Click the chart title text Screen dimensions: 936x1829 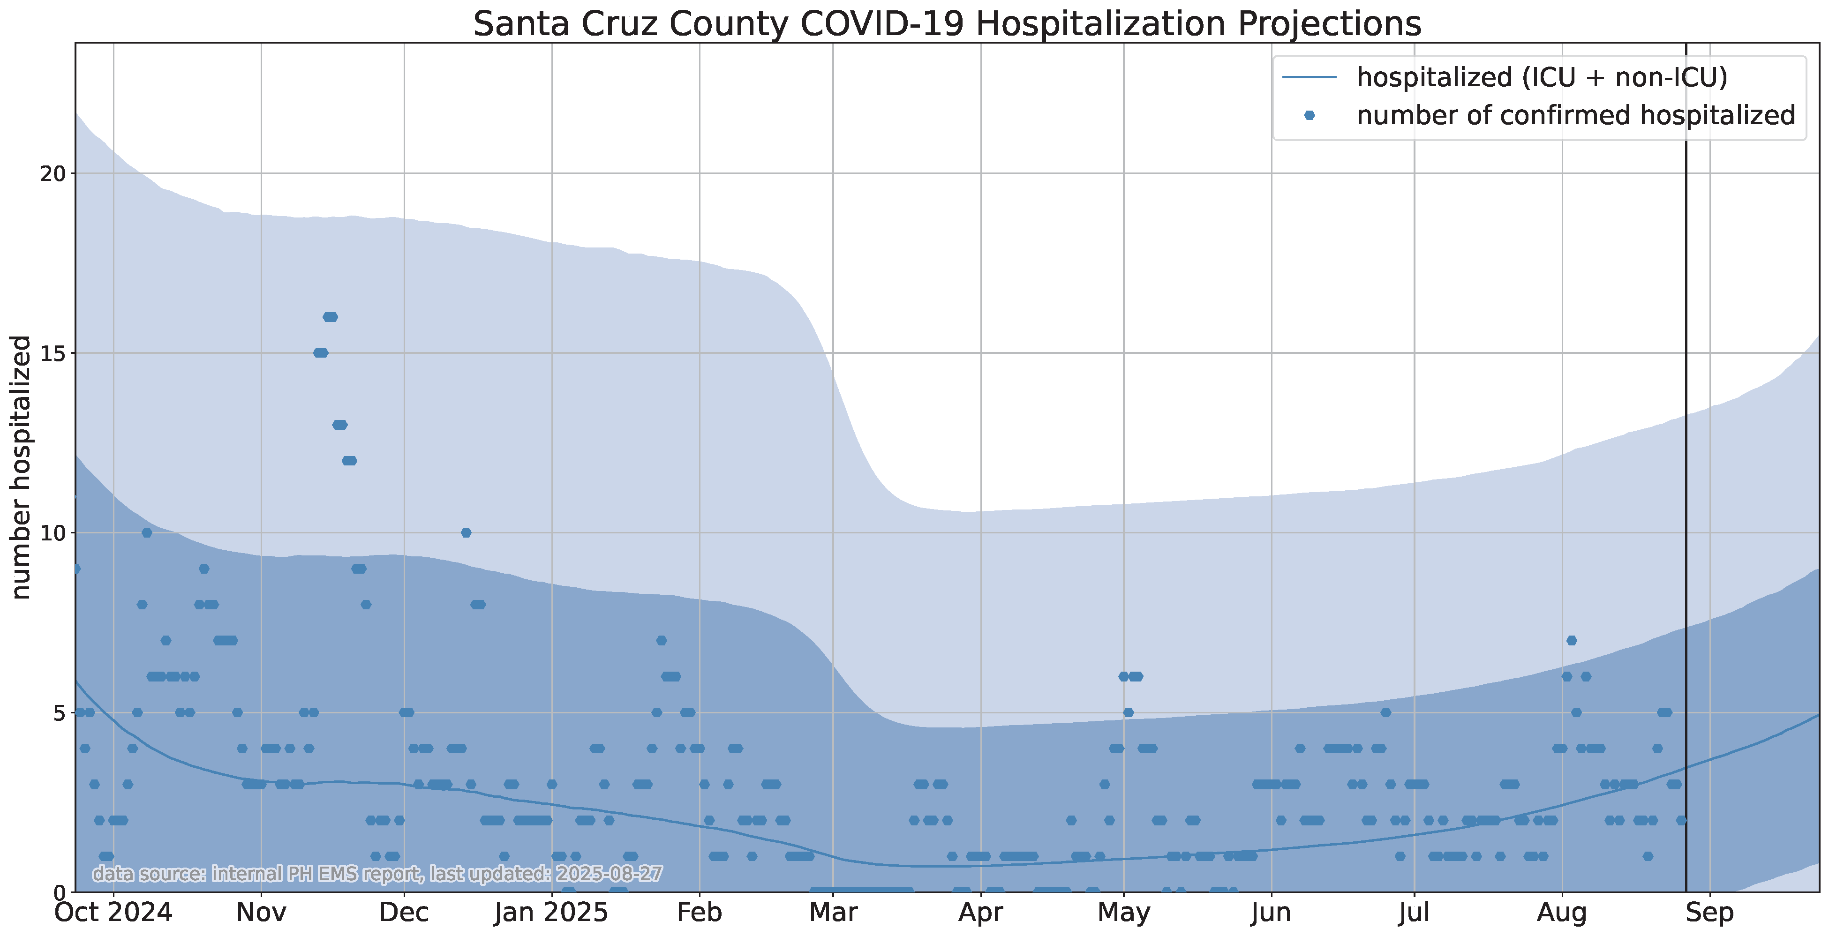(947, 23)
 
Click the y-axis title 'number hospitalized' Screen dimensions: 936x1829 (21, 467)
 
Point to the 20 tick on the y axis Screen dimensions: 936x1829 (53, 174)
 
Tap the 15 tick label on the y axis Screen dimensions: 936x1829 (53, 353)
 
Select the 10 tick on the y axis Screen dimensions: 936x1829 (53, 533)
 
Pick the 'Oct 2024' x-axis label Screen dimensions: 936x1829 (113, 913)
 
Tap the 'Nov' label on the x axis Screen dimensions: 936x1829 (261, 913)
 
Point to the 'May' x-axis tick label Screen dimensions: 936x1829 (1123, 913)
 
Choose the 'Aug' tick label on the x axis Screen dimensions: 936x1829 (1562, 913)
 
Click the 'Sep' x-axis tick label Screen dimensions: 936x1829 (1710, 913)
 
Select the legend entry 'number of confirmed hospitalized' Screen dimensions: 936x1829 (1575, 115)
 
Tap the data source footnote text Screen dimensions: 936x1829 (378, 874)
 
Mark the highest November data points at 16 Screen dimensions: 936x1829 (330, 317)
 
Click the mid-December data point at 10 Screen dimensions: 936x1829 (466, 533)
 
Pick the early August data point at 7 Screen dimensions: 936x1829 (1571, 641)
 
